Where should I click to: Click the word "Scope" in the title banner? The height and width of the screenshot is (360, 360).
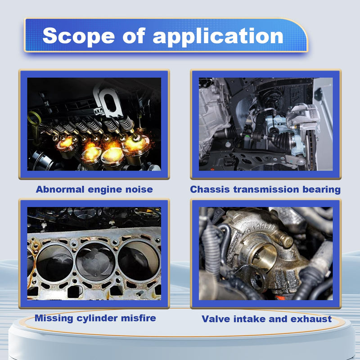tap(78, 36)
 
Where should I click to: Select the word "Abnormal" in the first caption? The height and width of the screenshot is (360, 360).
tap(60, 189)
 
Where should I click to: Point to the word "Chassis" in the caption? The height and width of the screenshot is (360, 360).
tap(210, 189)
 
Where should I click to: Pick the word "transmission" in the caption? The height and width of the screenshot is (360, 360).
tap(266, 189)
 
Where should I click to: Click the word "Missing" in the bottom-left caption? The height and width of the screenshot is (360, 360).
tap(54, 319)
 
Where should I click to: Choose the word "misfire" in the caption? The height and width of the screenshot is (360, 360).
tap(139, 318)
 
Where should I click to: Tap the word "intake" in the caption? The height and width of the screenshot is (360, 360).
tap(249, 319)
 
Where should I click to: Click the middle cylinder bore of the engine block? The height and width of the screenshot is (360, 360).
tap(95, 262)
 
